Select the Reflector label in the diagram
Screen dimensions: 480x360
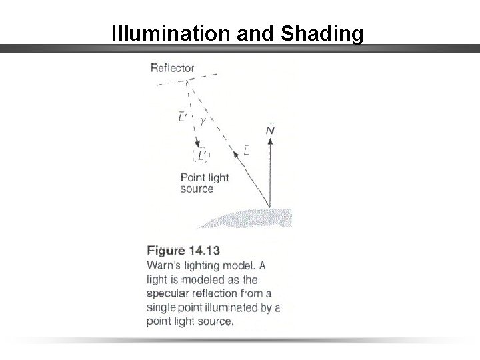click(173, 67)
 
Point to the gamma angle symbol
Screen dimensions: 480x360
click(203, 121)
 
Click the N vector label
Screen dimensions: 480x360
click(269, 130)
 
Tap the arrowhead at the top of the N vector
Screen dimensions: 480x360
click(270, 145)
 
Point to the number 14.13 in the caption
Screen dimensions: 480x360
click(204, 251)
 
